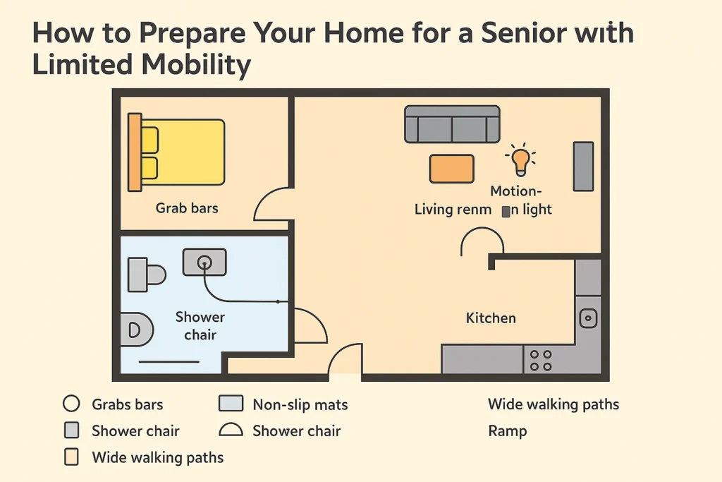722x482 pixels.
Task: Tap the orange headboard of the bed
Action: (x=134, y=152)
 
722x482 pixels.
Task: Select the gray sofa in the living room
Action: (x=452, y=124)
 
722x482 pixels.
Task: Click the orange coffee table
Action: (x=451, y=169)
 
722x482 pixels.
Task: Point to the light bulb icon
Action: (x=520, y=159)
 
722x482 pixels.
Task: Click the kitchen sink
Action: (x=588, y=318)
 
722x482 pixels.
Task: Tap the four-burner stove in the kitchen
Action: (x=541, y=360)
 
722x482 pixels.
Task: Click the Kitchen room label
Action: (x=491, y=318)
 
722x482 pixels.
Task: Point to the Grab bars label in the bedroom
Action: (x=187, y=208)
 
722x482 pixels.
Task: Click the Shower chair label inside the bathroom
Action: (x=200, y=325)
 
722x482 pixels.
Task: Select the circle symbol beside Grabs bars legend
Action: (x=71, y=404)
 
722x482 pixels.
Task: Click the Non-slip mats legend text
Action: (x=300, y=404)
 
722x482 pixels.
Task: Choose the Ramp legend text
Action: (x=507, y=430)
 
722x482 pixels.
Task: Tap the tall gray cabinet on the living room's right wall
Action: (x=583, y=166)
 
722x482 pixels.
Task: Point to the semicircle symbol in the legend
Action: (x=230, y=430)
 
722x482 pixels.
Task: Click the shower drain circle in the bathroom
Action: (x=204, y=263)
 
